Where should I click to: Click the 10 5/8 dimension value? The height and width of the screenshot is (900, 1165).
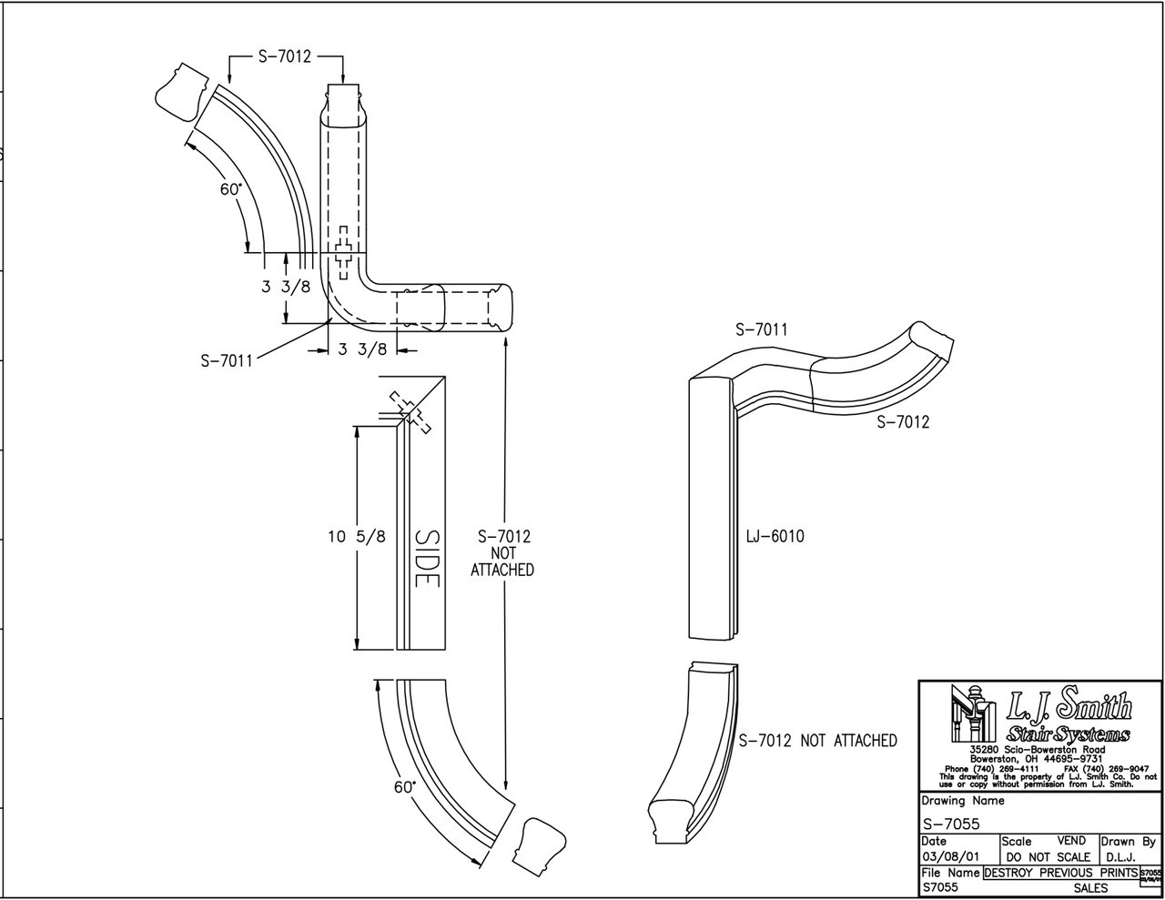(x=357, y=537)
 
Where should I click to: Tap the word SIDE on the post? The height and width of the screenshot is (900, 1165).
(x=426, y=558)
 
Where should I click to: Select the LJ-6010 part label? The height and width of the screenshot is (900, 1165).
(x=775, y=537)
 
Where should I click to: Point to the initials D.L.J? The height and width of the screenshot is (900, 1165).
(x=1119, y=857)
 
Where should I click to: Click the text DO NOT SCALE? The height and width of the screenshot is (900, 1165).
(x=1048, y=857)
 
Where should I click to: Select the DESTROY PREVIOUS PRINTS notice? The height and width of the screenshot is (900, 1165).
(x=1060, y=872)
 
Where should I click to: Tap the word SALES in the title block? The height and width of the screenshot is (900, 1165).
(x=1090, y=887)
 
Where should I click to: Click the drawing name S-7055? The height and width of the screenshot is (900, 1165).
(x=950, y=825)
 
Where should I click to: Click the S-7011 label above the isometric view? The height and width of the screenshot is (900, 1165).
(x=761, y=329)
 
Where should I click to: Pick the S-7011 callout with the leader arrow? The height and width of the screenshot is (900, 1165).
(x=227, y=359)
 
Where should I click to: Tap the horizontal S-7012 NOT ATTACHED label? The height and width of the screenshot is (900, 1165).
(x=817, y=741)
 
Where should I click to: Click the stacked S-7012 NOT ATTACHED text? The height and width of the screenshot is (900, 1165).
(x=502, y=553)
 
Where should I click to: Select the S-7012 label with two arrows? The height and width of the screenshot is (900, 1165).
(x=284, y=56)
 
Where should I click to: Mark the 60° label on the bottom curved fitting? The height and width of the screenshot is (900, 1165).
(x=405, y=787)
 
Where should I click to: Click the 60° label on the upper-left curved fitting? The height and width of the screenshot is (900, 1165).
(x=230, y=189)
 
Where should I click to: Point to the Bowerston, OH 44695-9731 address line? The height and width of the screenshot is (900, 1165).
(x=1036, y=758)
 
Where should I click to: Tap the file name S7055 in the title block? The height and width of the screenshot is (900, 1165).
(x=939, y=887)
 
